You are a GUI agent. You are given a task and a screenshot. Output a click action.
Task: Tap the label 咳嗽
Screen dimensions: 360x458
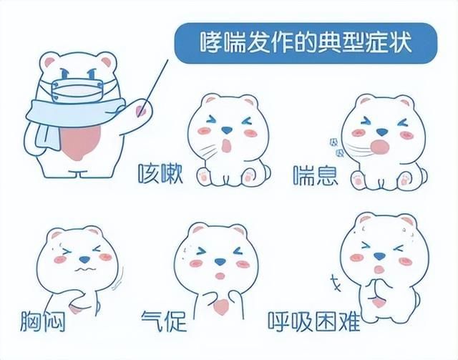160,174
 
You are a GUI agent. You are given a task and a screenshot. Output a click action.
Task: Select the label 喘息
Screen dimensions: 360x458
315,174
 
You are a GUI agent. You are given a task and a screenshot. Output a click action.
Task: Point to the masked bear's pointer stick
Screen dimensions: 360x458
155,85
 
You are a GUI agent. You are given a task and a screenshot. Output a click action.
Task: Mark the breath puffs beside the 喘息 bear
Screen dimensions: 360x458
335,147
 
